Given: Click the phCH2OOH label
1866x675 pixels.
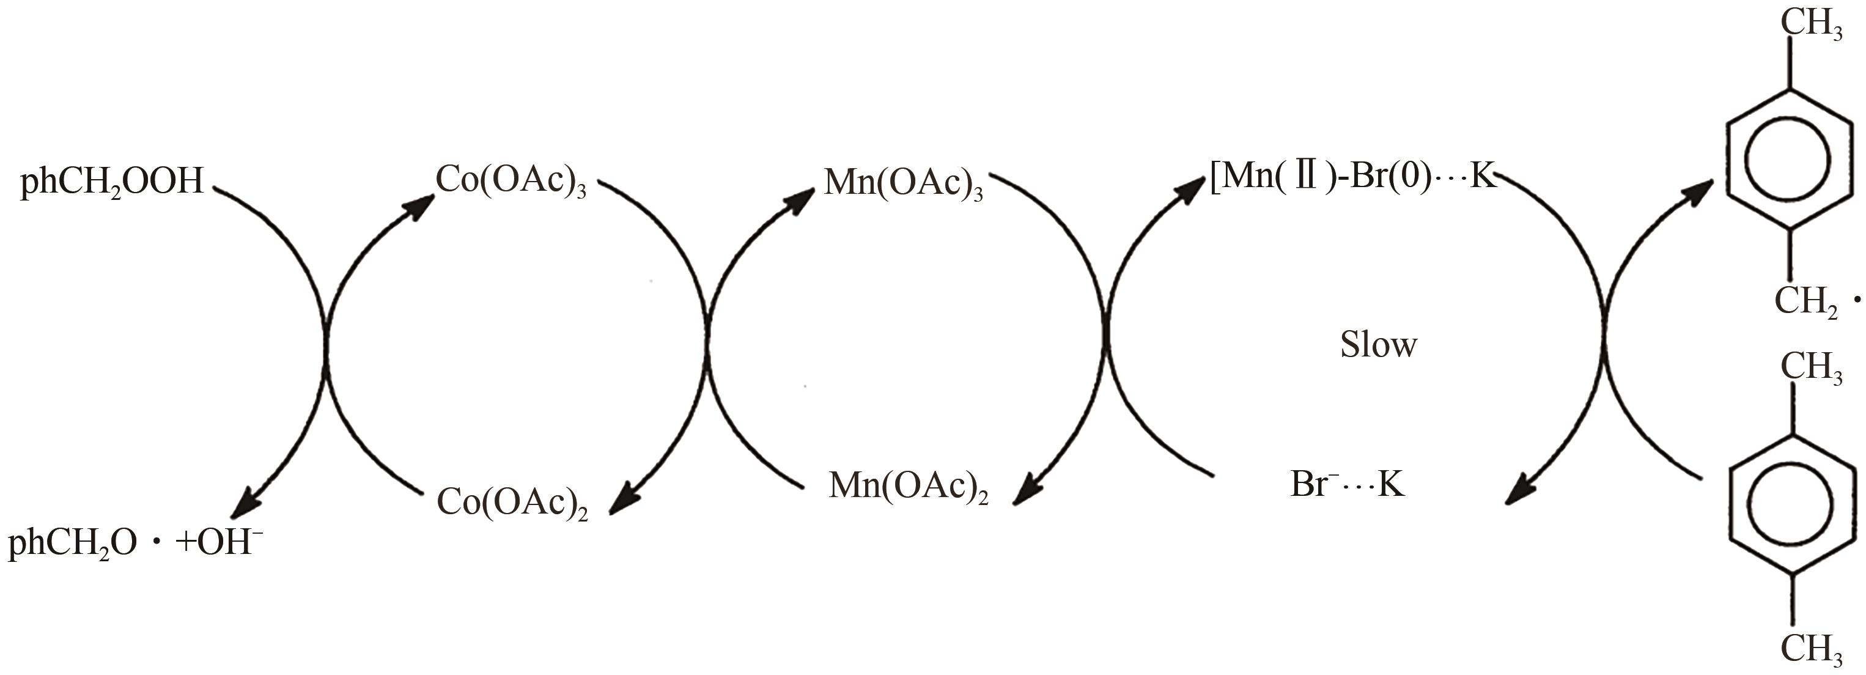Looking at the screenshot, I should click(112, 182).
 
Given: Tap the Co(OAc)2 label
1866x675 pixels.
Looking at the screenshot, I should click(511, 501).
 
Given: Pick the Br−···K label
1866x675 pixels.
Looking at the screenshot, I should click(1348, 484).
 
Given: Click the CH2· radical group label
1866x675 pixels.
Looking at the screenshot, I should click(1807, 301).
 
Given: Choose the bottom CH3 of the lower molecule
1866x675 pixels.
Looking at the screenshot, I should click(1811, 648).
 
